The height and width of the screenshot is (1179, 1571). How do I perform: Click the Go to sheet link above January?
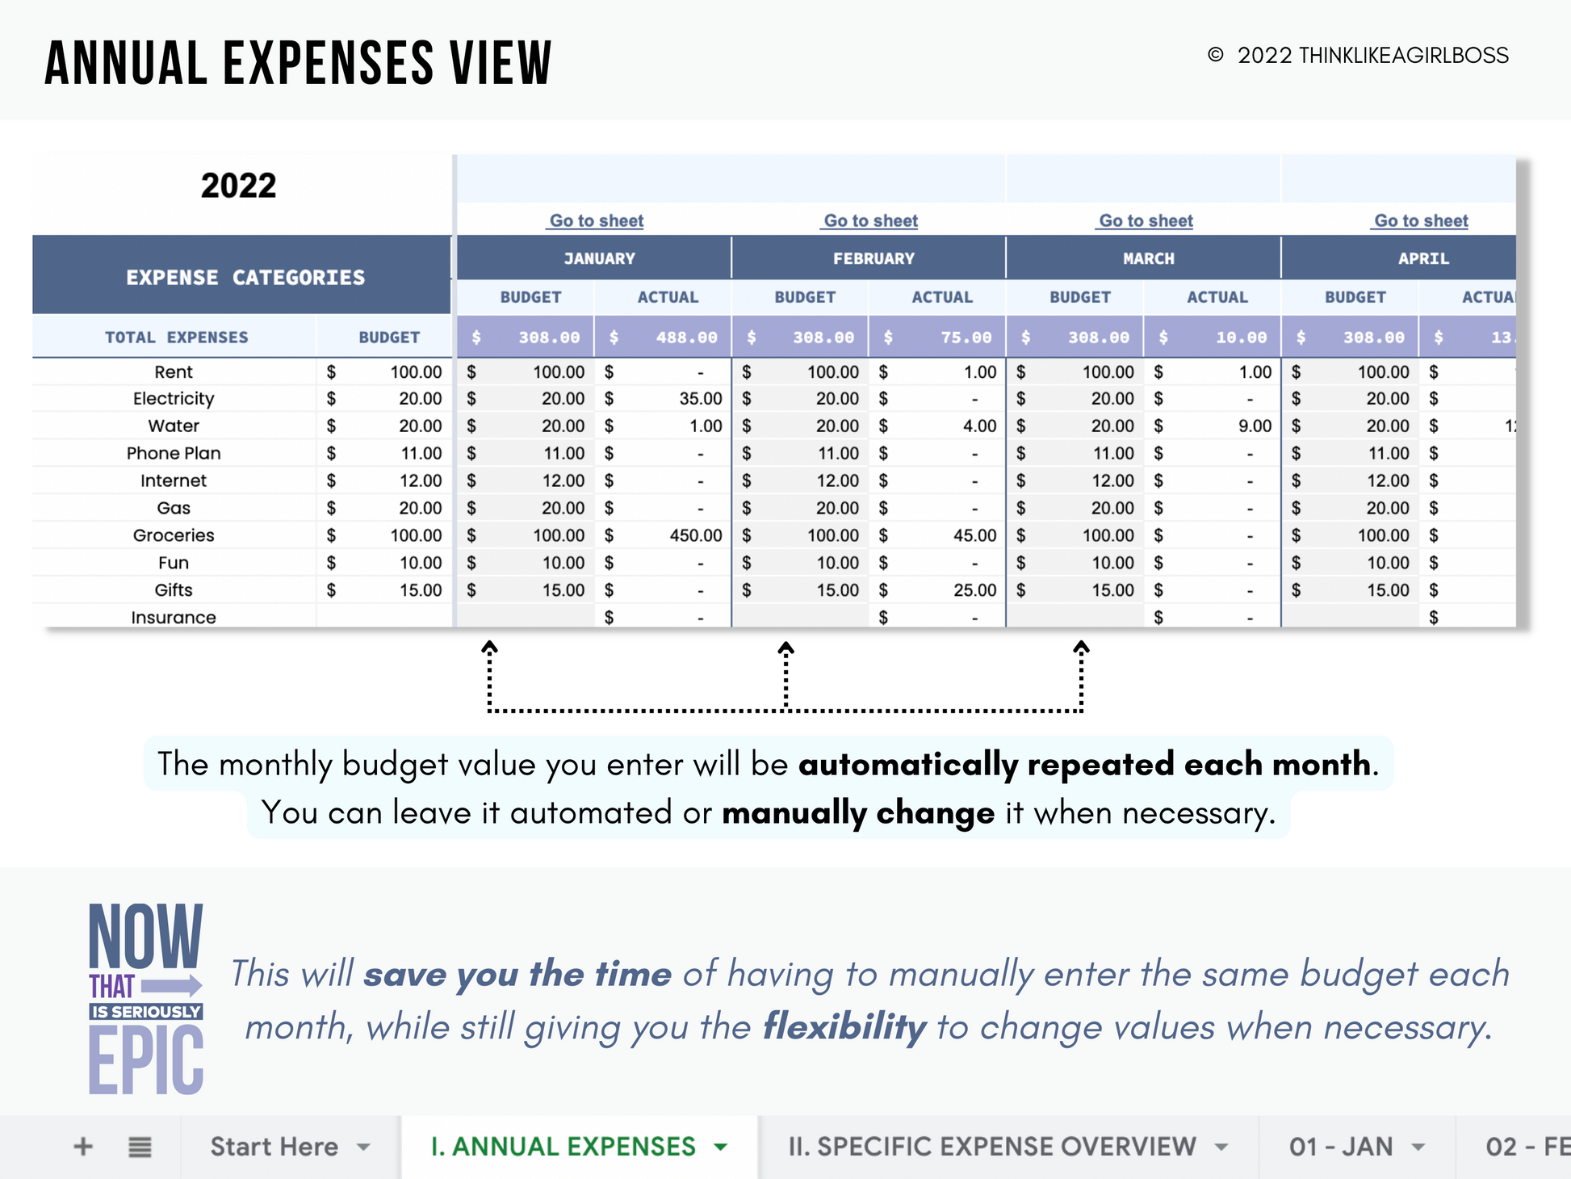597,220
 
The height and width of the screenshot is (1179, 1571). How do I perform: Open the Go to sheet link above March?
1146,220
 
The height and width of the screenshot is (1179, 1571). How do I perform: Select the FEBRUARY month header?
873,258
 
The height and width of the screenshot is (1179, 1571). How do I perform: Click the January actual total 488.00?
685,338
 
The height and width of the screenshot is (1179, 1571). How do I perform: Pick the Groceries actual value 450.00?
695,535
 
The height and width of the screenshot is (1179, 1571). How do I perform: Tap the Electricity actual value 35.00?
700,399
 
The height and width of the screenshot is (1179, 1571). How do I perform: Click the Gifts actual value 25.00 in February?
974,590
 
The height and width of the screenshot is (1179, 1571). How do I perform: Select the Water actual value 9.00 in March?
1255,426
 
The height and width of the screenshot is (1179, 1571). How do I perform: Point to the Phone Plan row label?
174,453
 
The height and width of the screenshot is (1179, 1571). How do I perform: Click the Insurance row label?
174,618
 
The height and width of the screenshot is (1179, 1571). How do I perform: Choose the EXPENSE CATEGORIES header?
245,278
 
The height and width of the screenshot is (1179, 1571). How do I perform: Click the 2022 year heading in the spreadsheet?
238,186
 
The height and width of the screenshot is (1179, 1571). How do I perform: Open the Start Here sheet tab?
274,1147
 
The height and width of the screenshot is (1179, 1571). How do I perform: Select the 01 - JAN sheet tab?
1341,1147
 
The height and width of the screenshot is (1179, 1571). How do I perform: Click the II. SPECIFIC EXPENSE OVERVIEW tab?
991,1147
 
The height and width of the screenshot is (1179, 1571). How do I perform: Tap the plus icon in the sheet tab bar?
83,1147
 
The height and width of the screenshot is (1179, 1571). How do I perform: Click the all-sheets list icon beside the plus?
140,1147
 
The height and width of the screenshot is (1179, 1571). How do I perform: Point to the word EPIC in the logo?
146,1059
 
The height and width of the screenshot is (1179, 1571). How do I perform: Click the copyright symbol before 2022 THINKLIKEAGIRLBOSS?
1215,55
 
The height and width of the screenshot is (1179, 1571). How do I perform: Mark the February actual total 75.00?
966,338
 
